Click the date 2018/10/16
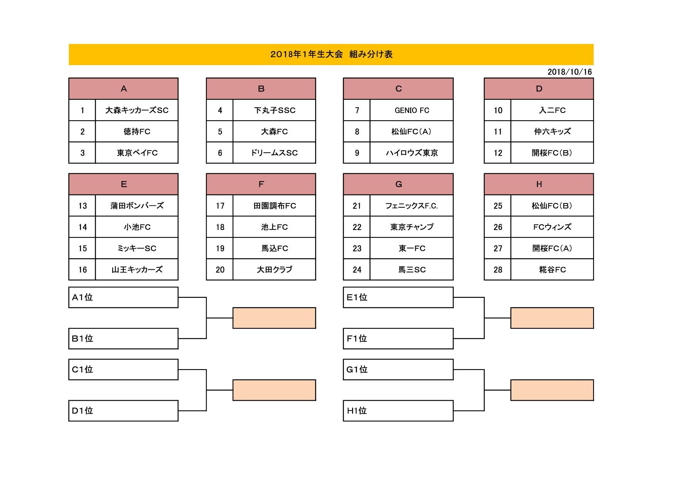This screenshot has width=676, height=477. pos(570,72)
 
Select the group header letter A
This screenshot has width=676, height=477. pos(124,89)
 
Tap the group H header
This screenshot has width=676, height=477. pos(539,184)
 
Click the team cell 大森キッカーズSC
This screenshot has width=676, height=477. pos(137,110)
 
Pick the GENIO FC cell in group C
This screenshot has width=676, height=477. pos(411,110)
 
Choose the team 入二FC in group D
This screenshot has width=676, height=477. pos(552,110)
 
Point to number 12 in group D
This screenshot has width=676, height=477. pos(498,153)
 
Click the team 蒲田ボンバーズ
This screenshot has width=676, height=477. pos(137,206)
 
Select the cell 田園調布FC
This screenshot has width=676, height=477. pos(274,206)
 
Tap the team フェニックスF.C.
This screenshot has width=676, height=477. pos(411,206)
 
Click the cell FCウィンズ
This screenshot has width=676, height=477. pos(552,227)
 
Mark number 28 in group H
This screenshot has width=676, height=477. pos(498,270)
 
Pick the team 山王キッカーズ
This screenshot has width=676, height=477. pos(137,270)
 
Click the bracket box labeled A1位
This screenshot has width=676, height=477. pos(123,297)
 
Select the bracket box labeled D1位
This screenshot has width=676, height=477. pos(123,411)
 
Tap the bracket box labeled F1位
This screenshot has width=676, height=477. pos(398,339)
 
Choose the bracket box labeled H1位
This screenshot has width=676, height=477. pos(398,411)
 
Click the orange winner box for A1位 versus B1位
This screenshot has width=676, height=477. pos(274,318)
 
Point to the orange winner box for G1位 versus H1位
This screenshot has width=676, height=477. pos(552,390)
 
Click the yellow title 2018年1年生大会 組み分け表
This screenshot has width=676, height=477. pos(331,54)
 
